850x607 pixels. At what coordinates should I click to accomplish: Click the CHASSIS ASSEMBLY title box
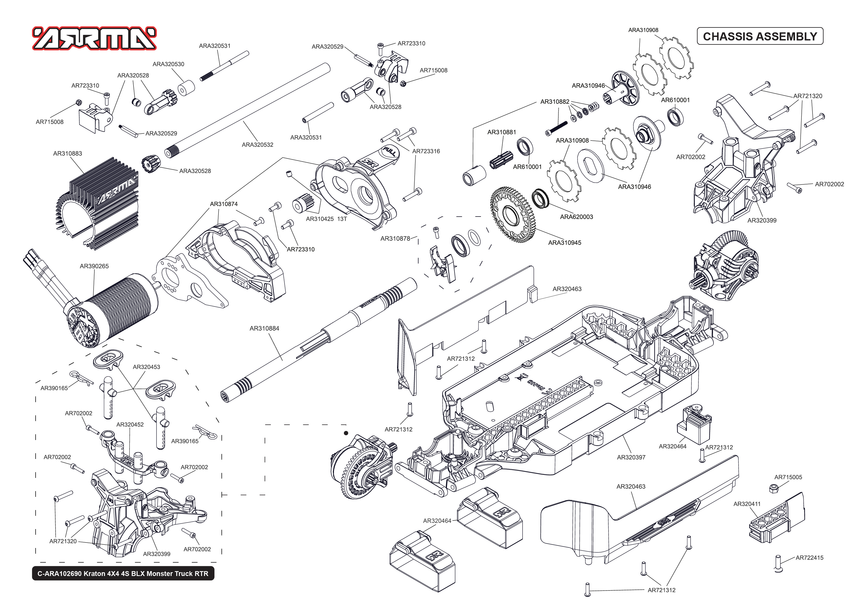click(760, 36)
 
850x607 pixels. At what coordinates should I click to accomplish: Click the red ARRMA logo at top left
click(94, 38)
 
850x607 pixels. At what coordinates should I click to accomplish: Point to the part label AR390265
click(94, 266)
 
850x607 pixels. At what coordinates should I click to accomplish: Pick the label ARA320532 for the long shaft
click(258, 145)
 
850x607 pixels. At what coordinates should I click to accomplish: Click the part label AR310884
click(264, 328)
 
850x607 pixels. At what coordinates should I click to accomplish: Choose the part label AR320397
click(631, 457)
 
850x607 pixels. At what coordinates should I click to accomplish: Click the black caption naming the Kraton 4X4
click(123, 573)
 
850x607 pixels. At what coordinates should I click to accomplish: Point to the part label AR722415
click(809, 558)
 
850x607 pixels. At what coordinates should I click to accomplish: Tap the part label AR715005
click(788, 477)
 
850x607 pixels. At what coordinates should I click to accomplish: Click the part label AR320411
click(747, 504)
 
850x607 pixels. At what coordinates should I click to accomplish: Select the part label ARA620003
click(576, 217)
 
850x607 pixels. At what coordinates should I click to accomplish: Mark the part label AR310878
click(395, 238)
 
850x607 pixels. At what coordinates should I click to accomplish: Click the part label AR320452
click(130, 425)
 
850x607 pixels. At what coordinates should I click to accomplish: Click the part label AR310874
click(224, 204)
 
